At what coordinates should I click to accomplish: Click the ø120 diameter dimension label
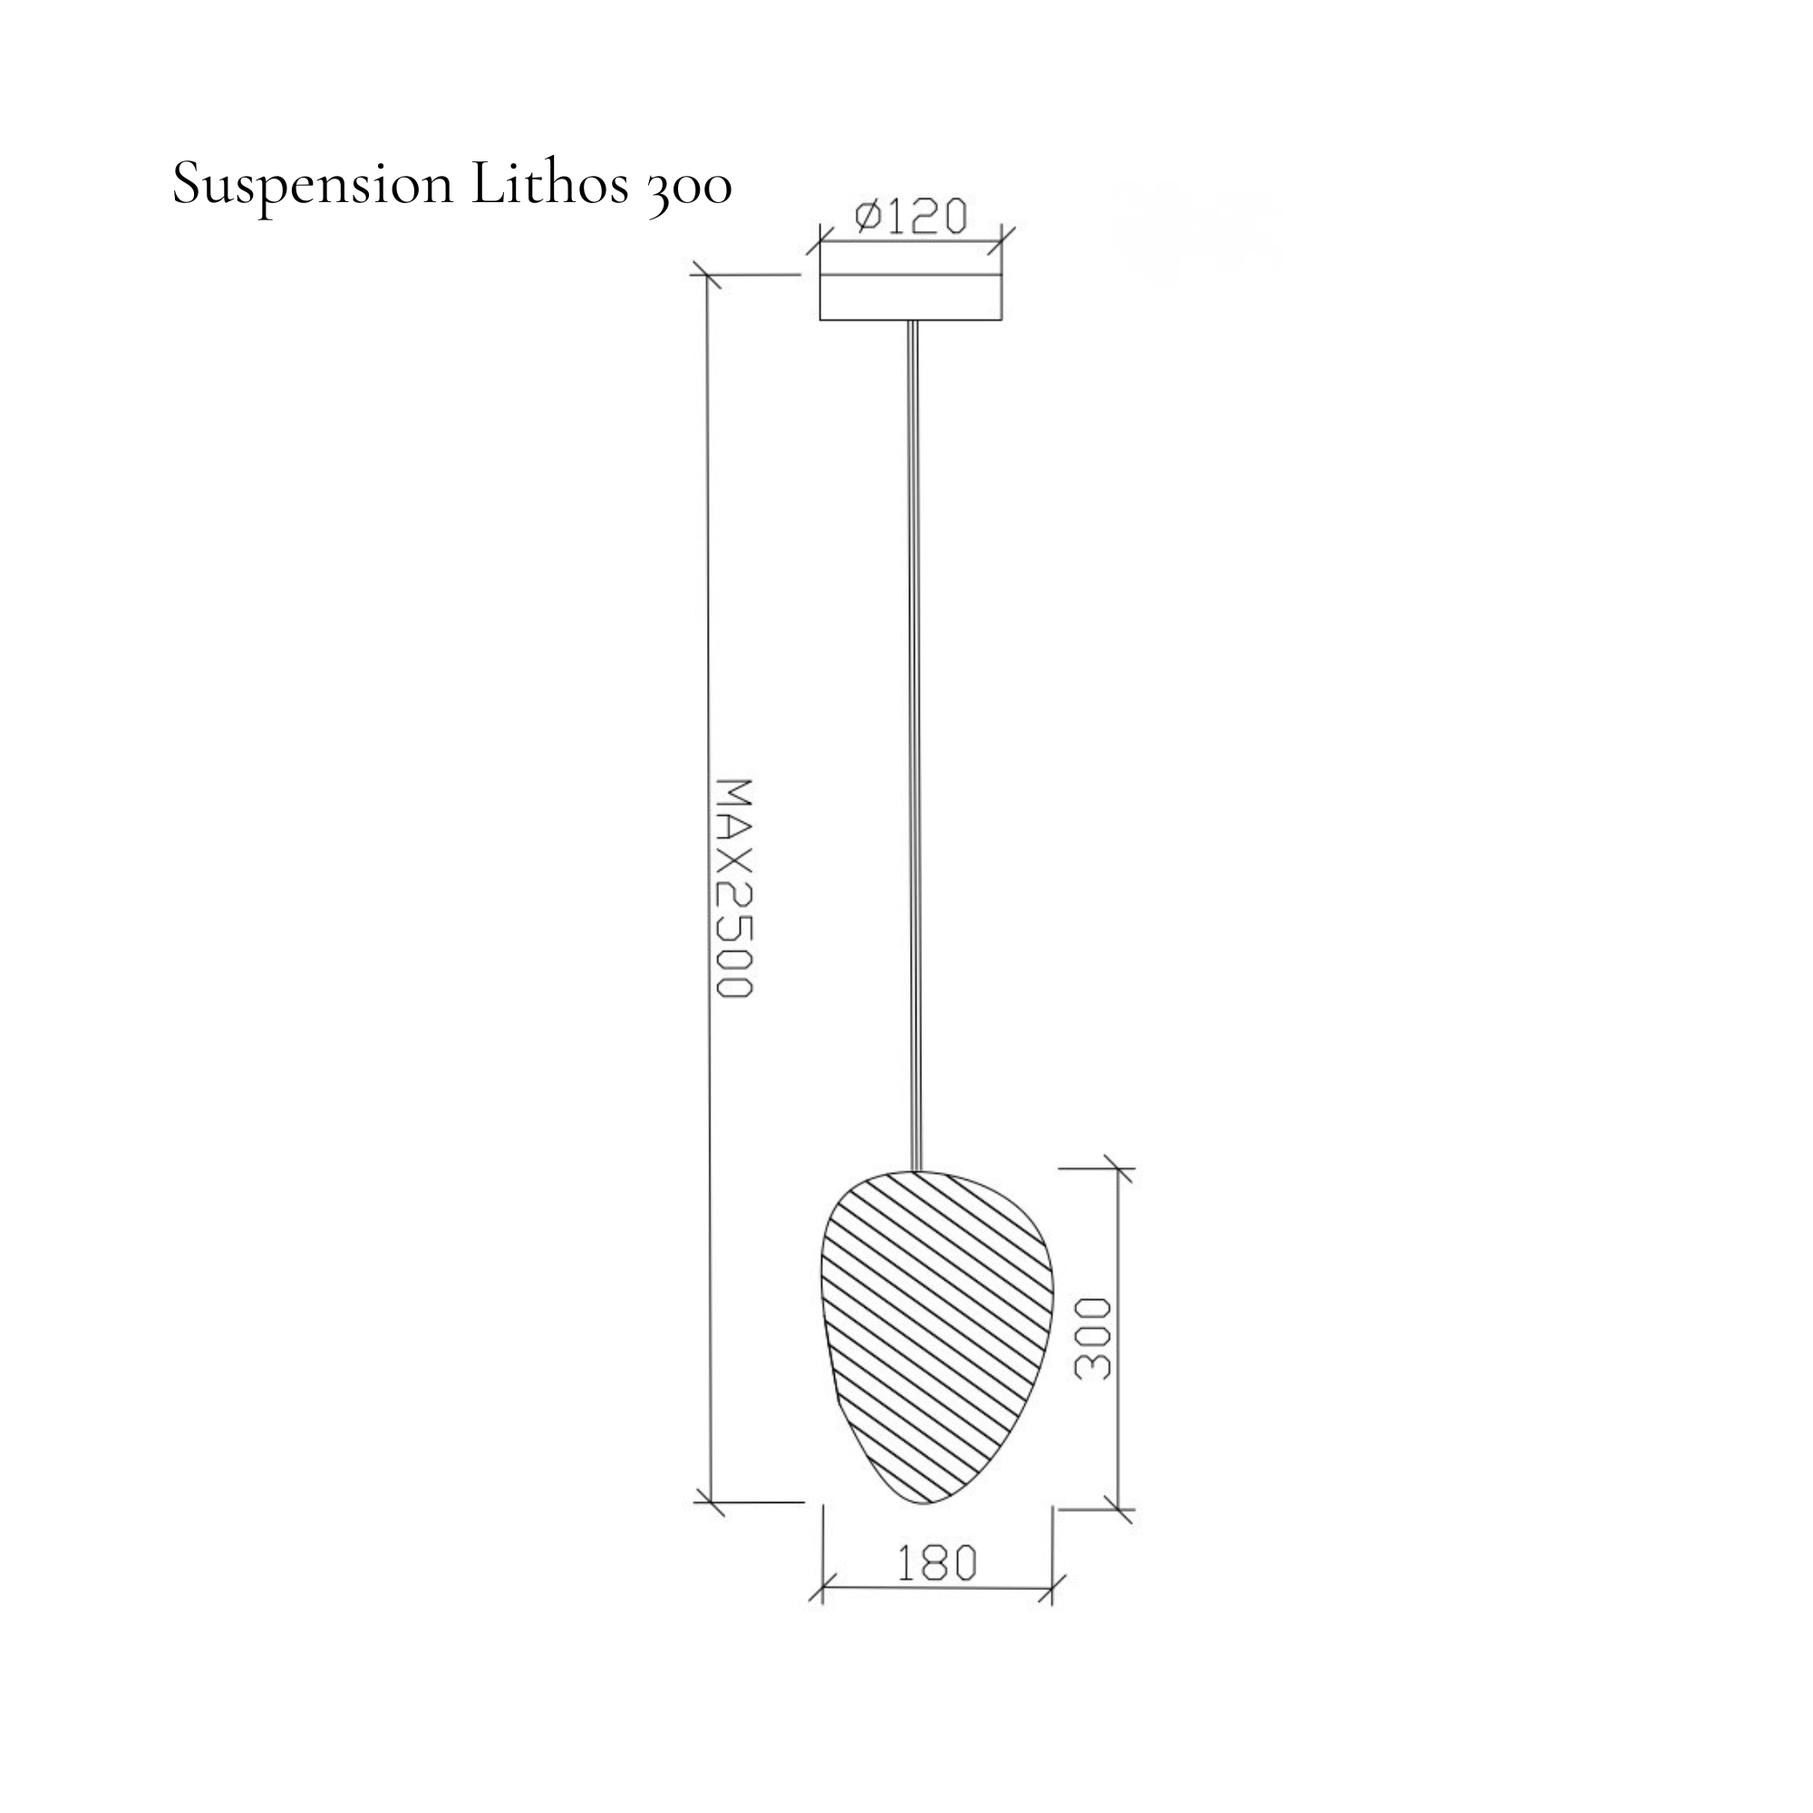tap(910, 217)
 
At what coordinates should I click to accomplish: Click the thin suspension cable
tap(915, 746)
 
